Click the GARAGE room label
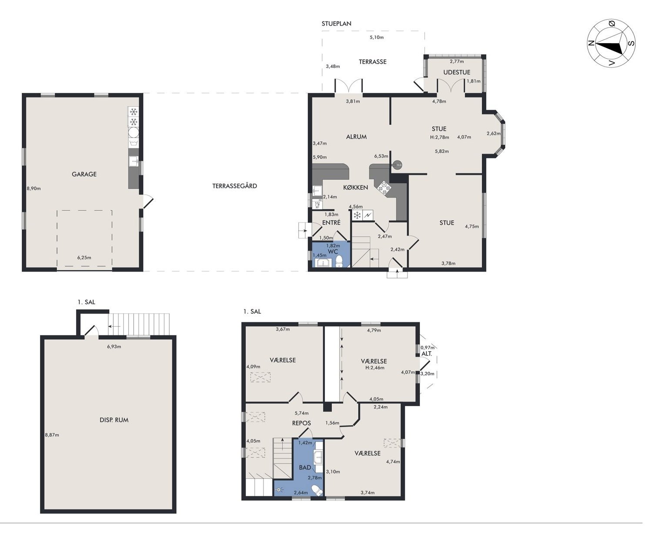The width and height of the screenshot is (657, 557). coord(84,174)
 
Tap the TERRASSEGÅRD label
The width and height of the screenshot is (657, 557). coord(235,186)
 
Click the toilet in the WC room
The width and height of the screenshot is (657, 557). coord(339,261)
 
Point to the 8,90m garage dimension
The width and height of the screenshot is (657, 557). coord(34,188)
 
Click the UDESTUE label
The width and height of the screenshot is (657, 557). coord(457,72)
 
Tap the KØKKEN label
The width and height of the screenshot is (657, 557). coord(355,188)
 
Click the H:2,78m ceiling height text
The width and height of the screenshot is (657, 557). coord(440,137)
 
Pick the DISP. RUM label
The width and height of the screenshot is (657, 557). coord(114,420)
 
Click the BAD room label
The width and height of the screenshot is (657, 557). coord(305,467)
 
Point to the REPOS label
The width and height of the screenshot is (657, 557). coord(301,423)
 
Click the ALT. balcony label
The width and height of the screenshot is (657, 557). coord(427,354)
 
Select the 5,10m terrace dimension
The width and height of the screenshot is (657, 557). coord(377,37)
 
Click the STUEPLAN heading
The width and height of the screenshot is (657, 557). coord(336,23)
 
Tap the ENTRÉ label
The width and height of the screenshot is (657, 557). coord(331,222)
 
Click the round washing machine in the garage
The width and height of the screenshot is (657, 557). coord(134,132)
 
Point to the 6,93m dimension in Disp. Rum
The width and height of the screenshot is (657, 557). coord(114,346)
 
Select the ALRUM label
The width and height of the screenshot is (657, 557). coord(356,137)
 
